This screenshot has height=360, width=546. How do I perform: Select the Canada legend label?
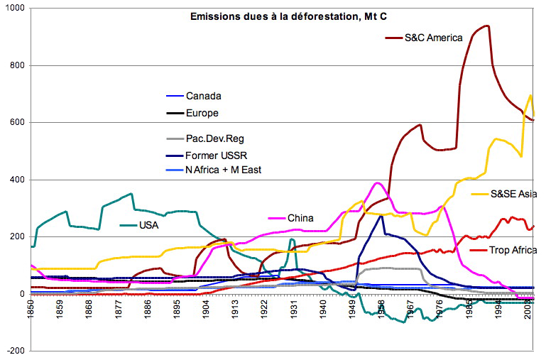pos(203,96)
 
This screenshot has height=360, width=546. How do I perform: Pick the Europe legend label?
pos(202,113)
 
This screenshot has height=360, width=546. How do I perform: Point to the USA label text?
pos(149,225)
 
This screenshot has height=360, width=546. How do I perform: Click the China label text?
pos(300,218)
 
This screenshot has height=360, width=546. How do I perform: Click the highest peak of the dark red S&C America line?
pos(486,26)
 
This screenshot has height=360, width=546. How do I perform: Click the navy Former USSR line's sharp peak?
pos(381,216)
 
